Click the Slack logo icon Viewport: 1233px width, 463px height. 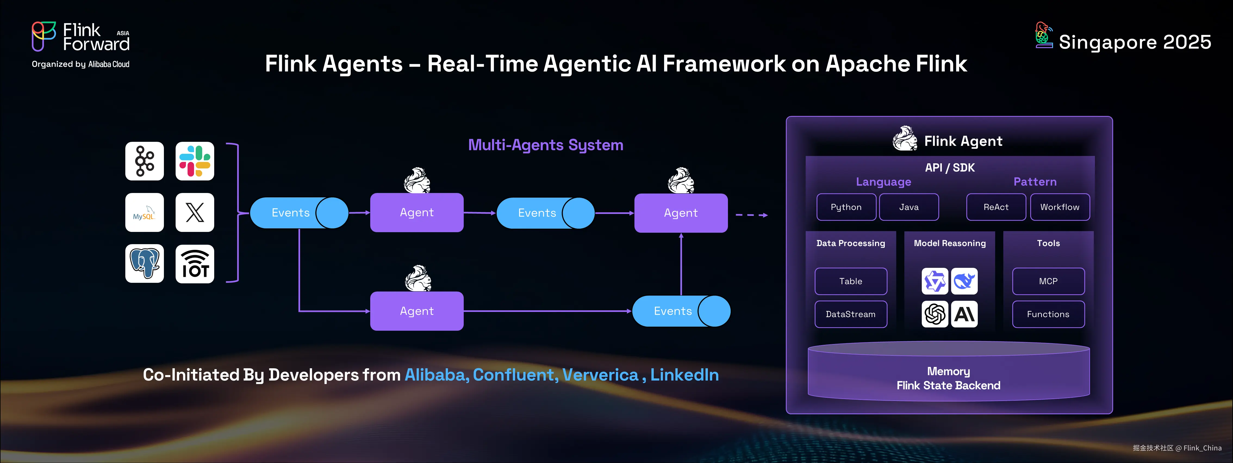pyautogui.click(x=195, y=161)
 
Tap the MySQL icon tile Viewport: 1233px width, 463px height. pyautogui.click(x=145, y=212)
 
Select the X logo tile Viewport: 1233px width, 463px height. pyautogui.click(x=195, y=212)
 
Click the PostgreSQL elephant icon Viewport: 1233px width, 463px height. pyautogui.click(x=145, y=263)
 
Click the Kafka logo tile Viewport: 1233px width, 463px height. pyautogui.click(x=145, y=161)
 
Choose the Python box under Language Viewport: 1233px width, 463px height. pyautogui.click(x=846, y=207)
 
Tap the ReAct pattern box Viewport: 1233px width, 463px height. pyautogui.click(x=996, y=207)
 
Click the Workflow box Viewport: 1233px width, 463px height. pyautogui.click(x=1060, y=207)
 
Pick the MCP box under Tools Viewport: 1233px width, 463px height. pyautogui.click(x=1048, y=281)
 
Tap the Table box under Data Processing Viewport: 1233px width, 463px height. pyautogui.click(x=851, y=281)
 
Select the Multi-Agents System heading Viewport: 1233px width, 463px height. pyautogui.click(x=545, y=145)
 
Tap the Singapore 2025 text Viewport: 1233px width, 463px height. pyautogui.click(x=1134, y=42)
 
